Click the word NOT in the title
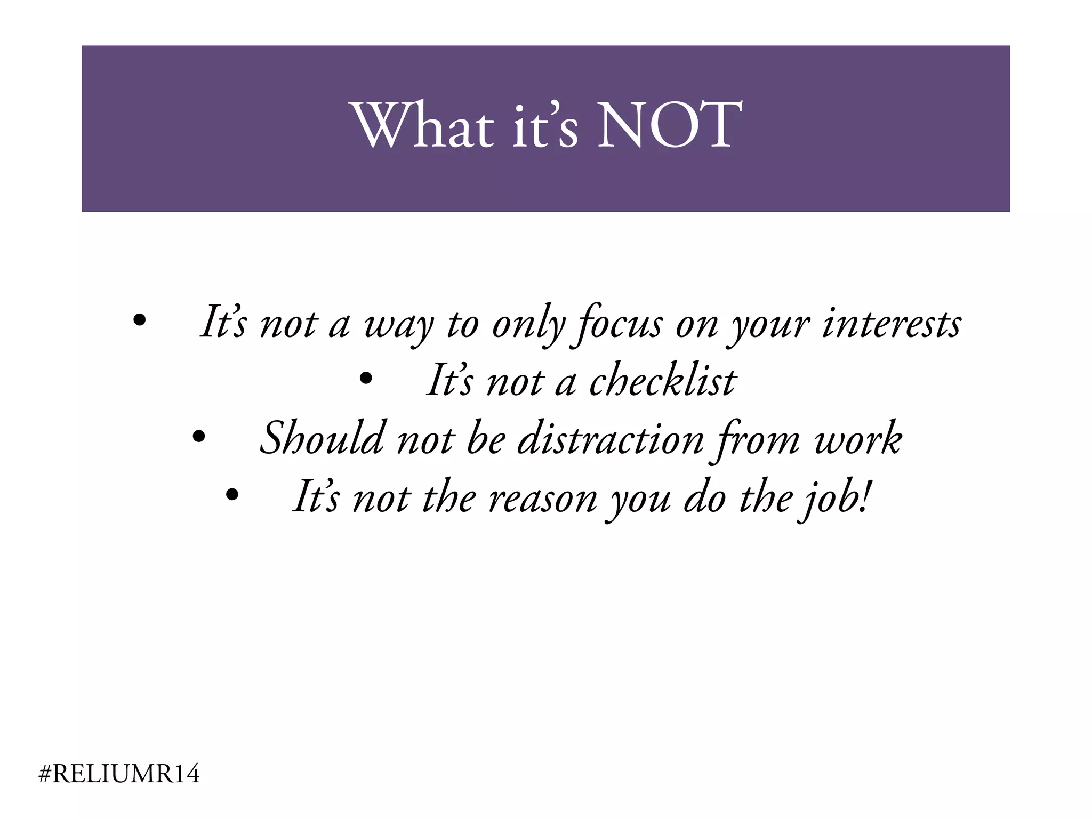(x=669, y=125)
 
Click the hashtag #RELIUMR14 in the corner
(x=119, y=774)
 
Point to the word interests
(x=892, y=323)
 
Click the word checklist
(x=662, y=381)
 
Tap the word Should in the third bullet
(x=321, y=438)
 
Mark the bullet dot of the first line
(x=139, y=320)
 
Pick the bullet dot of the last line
(x=232, y=495)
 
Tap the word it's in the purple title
(x=545, y=125)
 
